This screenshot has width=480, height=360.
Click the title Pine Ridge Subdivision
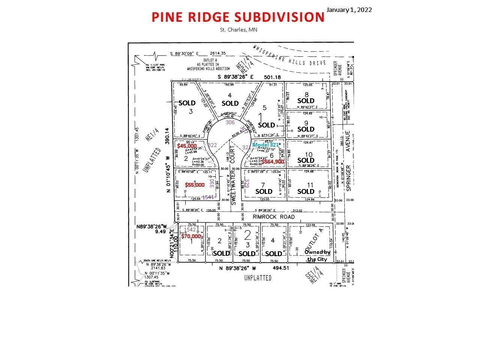(238, 17)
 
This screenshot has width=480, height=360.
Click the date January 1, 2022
(349, 10)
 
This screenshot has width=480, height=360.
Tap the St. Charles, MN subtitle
(238, 30)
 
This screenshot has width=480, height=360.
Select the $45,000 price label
(187, 146)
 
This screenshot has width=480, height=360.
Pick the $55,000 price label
(195, 185)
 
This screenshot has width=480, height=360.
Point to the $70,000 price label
(191, 236)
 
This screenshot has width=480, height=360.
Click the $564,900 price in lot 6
(273, 162)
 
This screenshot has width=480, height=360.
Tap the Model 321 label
(265, 145)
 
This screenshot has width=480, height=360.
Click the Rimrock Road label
(273, 217)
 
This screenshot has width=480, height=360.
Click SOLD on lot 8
(306, 100)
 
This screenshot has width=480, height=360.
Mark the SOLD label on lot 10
(306, 160)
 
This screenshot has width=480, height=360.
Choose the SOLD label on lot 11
(306, 191)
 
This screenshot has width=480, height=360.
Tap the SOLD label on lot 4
(230, 103)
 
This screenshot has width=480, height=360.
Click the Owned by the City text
(317, 256)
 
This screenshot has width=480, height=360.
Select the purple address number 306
(230, 122)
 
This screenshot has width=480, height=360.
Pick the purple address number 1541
(208, 197)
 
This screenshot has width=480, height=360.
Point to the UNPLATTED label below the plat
(258, 278)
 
